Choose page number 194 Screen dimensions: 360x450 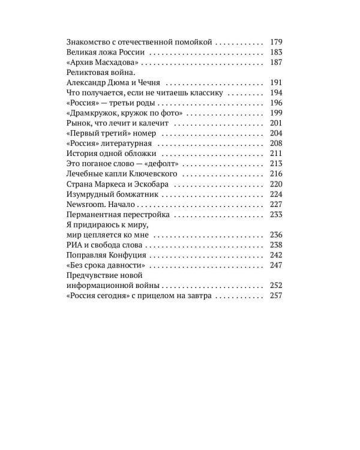(x=276, y=93)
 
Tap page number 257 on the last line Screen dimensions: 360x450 (x=276, y=296)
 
